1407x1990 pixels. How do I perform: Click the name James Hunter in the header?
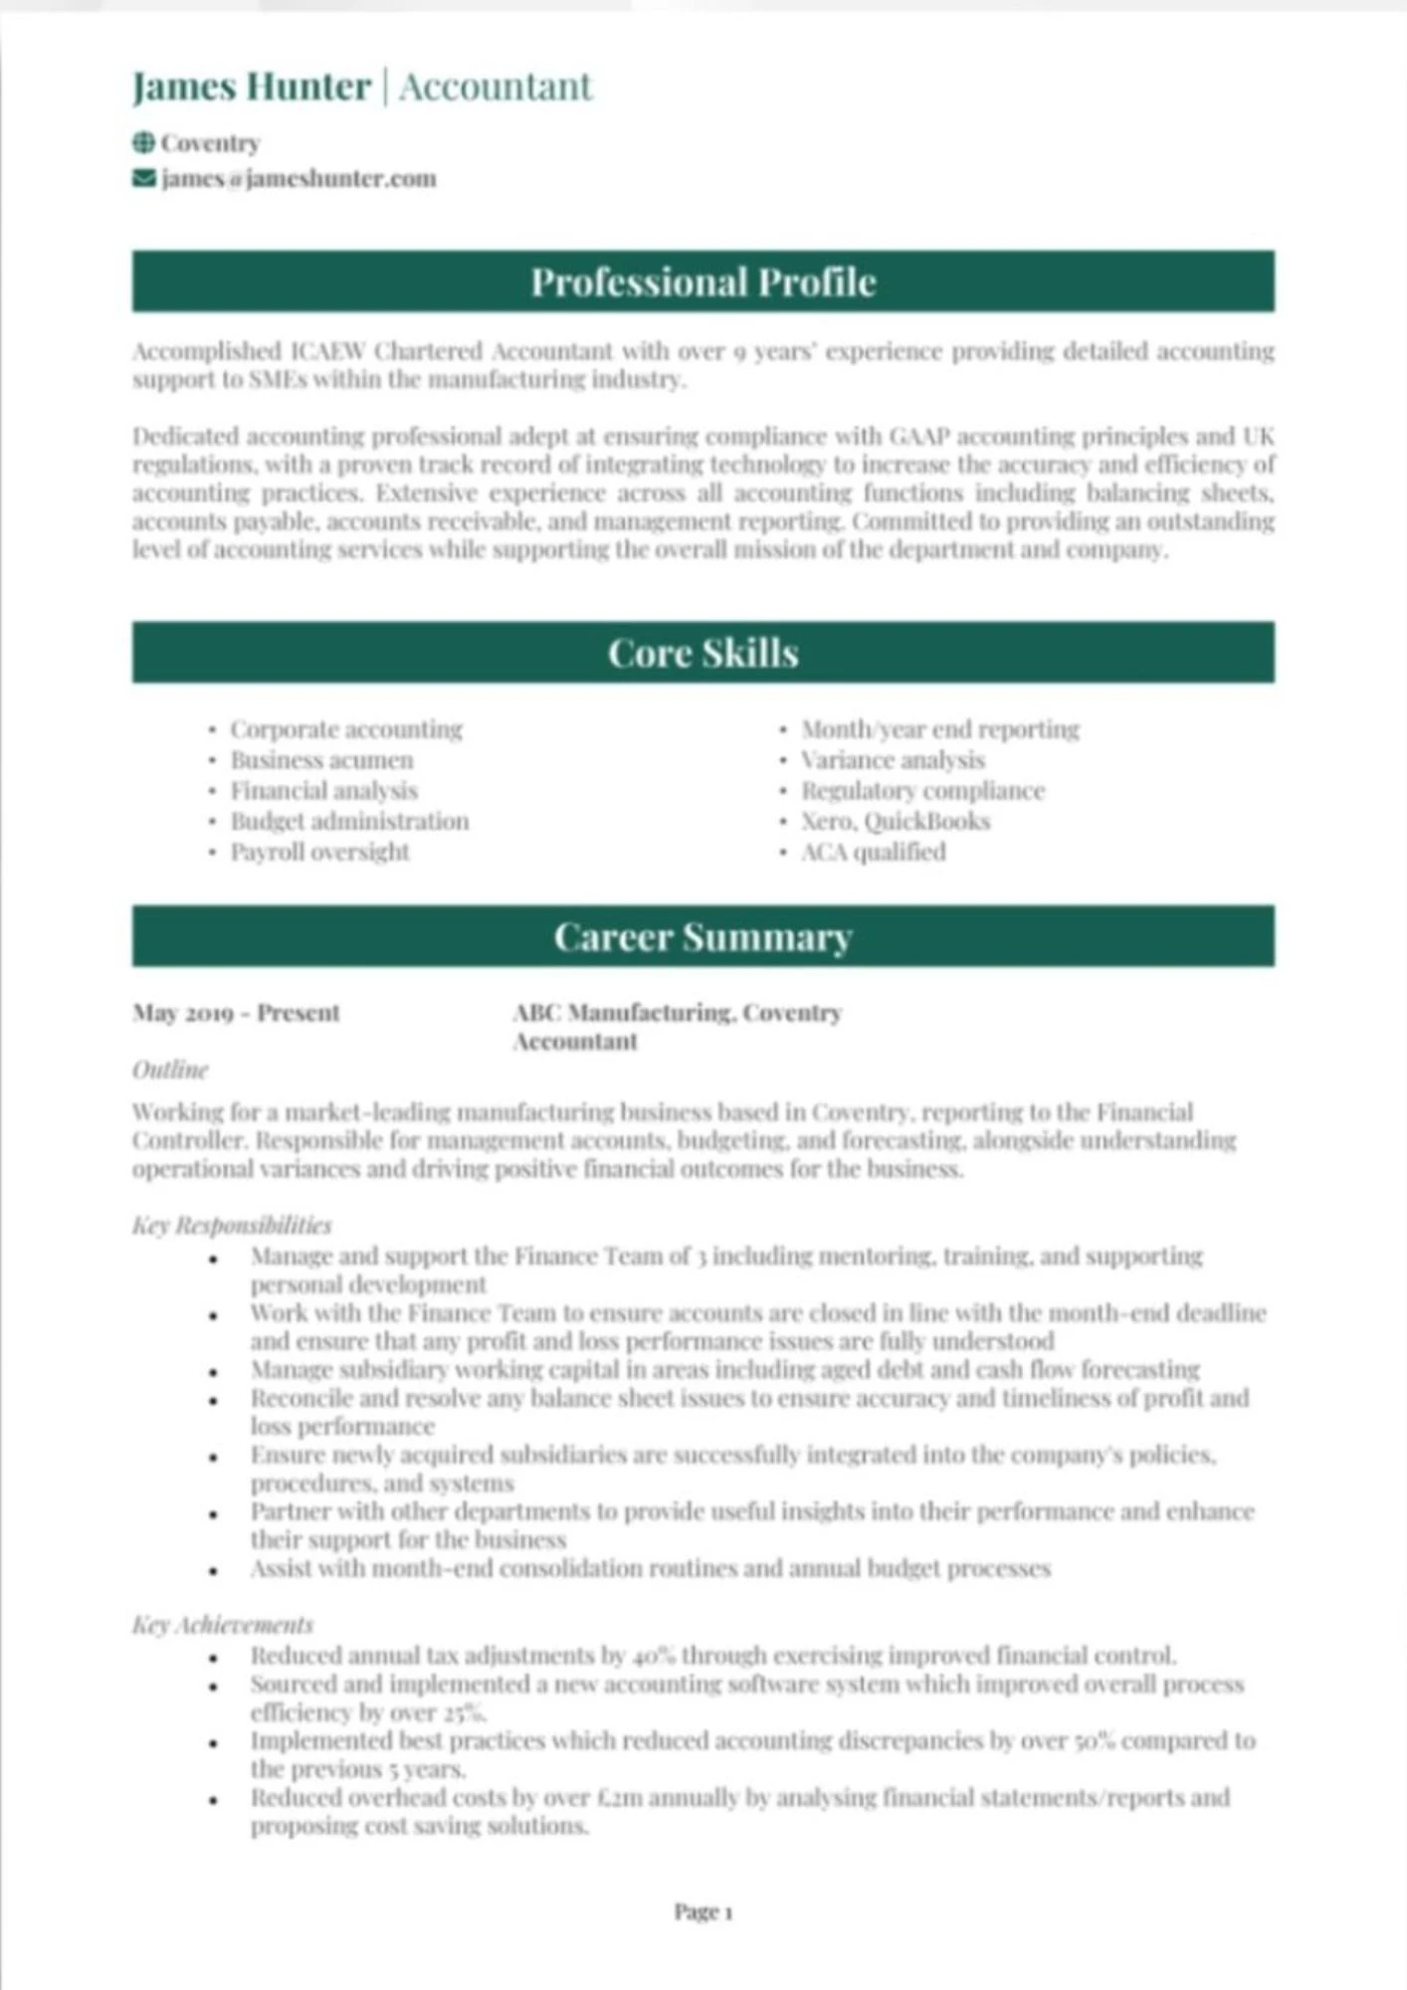pyautogui.click(x=252, y=88)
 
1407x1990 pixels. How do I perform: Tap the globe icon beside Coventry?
pyautogui.click(x=143, y=143)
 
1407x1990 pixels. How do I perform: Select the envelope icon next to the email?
pyautogui.click(x=143, y=178)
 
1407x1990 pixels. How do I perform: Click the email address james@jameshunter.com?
pyautogui.click(x=299, y=179)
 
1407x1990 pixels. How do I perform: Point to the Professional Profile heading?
pyautogui.click(x=703, y=283)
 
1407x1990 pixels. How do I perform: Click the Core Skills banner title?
pyautogui.click(x=703, y=654)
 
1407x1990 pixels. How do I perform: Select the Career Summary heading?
pyautogui.click(x=703, y=937)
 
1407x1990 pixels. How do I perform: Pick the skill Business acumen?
pyautogui.click(x=321, y=760)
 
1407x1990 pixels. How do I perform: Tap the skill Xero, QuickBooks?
pyautogui.click(x=896, y=822)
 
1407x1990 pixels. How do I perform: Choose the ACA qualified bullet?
pyautogui.click(x=873, y=853)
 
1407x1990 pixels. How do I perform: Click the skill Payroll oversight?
pyautogui.click(x=319, y=853)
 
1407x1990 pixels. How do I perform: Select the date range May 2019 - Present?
pyautogui.click(x=236, y=1013)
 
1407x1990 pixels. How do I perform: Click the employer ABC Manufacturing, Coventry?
pyautogui.click(x=677, y=1013)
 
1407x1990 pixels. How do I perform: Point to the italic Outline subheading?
pyautogui.click(x=170, y=1071)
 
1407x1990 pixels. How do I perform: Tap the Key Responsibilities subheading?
pyautogui.click(x=232, y=1225)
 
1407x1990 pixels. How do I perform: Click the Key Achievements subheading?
pyautogui.click(x=223, y=1625)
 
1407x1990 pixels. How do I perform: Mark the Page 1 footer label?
pyautogui.click(x=703, y=1911)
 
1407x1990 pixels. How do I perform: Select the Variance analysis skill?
pyautogui.click(x=893, y=760)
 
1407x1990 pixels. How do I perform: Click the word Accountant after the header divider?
pyautogui.click(x=496, y=88)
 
